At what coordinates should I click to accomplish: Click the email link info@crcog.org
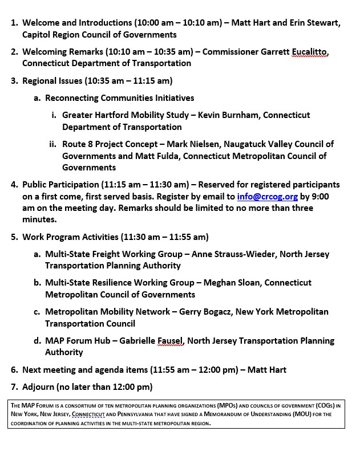268,196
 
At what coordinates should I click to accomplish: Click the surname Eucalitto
310,52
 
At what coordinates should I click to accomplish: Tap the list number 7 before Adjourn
14,387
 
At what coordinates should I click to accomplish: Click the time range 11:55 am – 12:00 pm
181,370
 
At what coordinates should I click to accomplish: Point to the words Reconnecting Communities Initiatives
119,98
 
